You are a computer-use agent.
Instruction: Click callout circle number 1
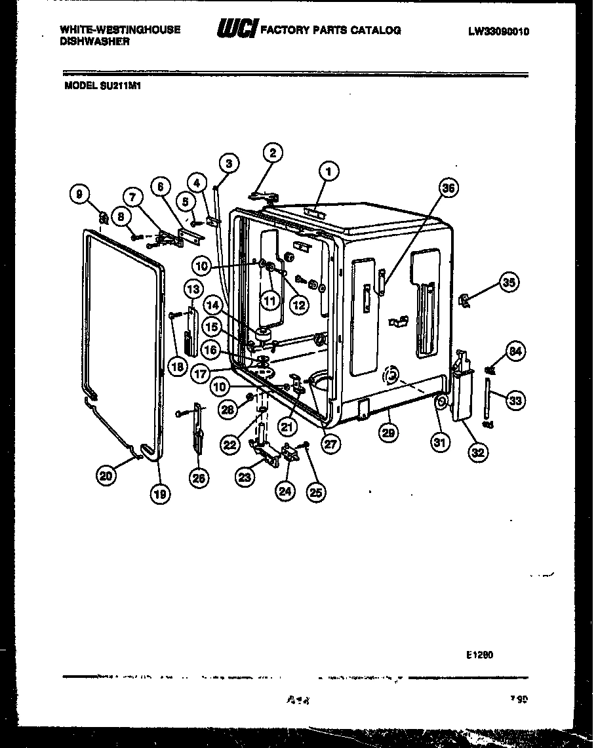coord(329,172)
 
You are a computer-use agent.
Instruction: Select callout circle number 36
coord(448,188)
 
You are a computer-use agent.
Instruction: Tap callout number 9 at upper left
coord(79,194)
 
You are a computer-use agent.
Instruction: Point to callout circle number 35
coord(508,283)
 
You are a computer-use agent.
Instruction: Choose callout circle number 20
coord(106,477)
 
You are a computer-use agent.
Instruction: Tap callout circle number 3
coord(228,164)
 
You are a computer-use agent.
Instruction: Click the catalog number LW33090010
coord(498,31)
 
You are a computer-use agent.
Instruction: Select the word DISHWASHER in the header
coord(94,41)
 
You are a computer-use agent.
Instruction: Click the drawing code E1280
coord(480,654)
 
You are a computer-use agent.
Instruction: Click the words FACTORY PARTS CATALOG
coord(331,30)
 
